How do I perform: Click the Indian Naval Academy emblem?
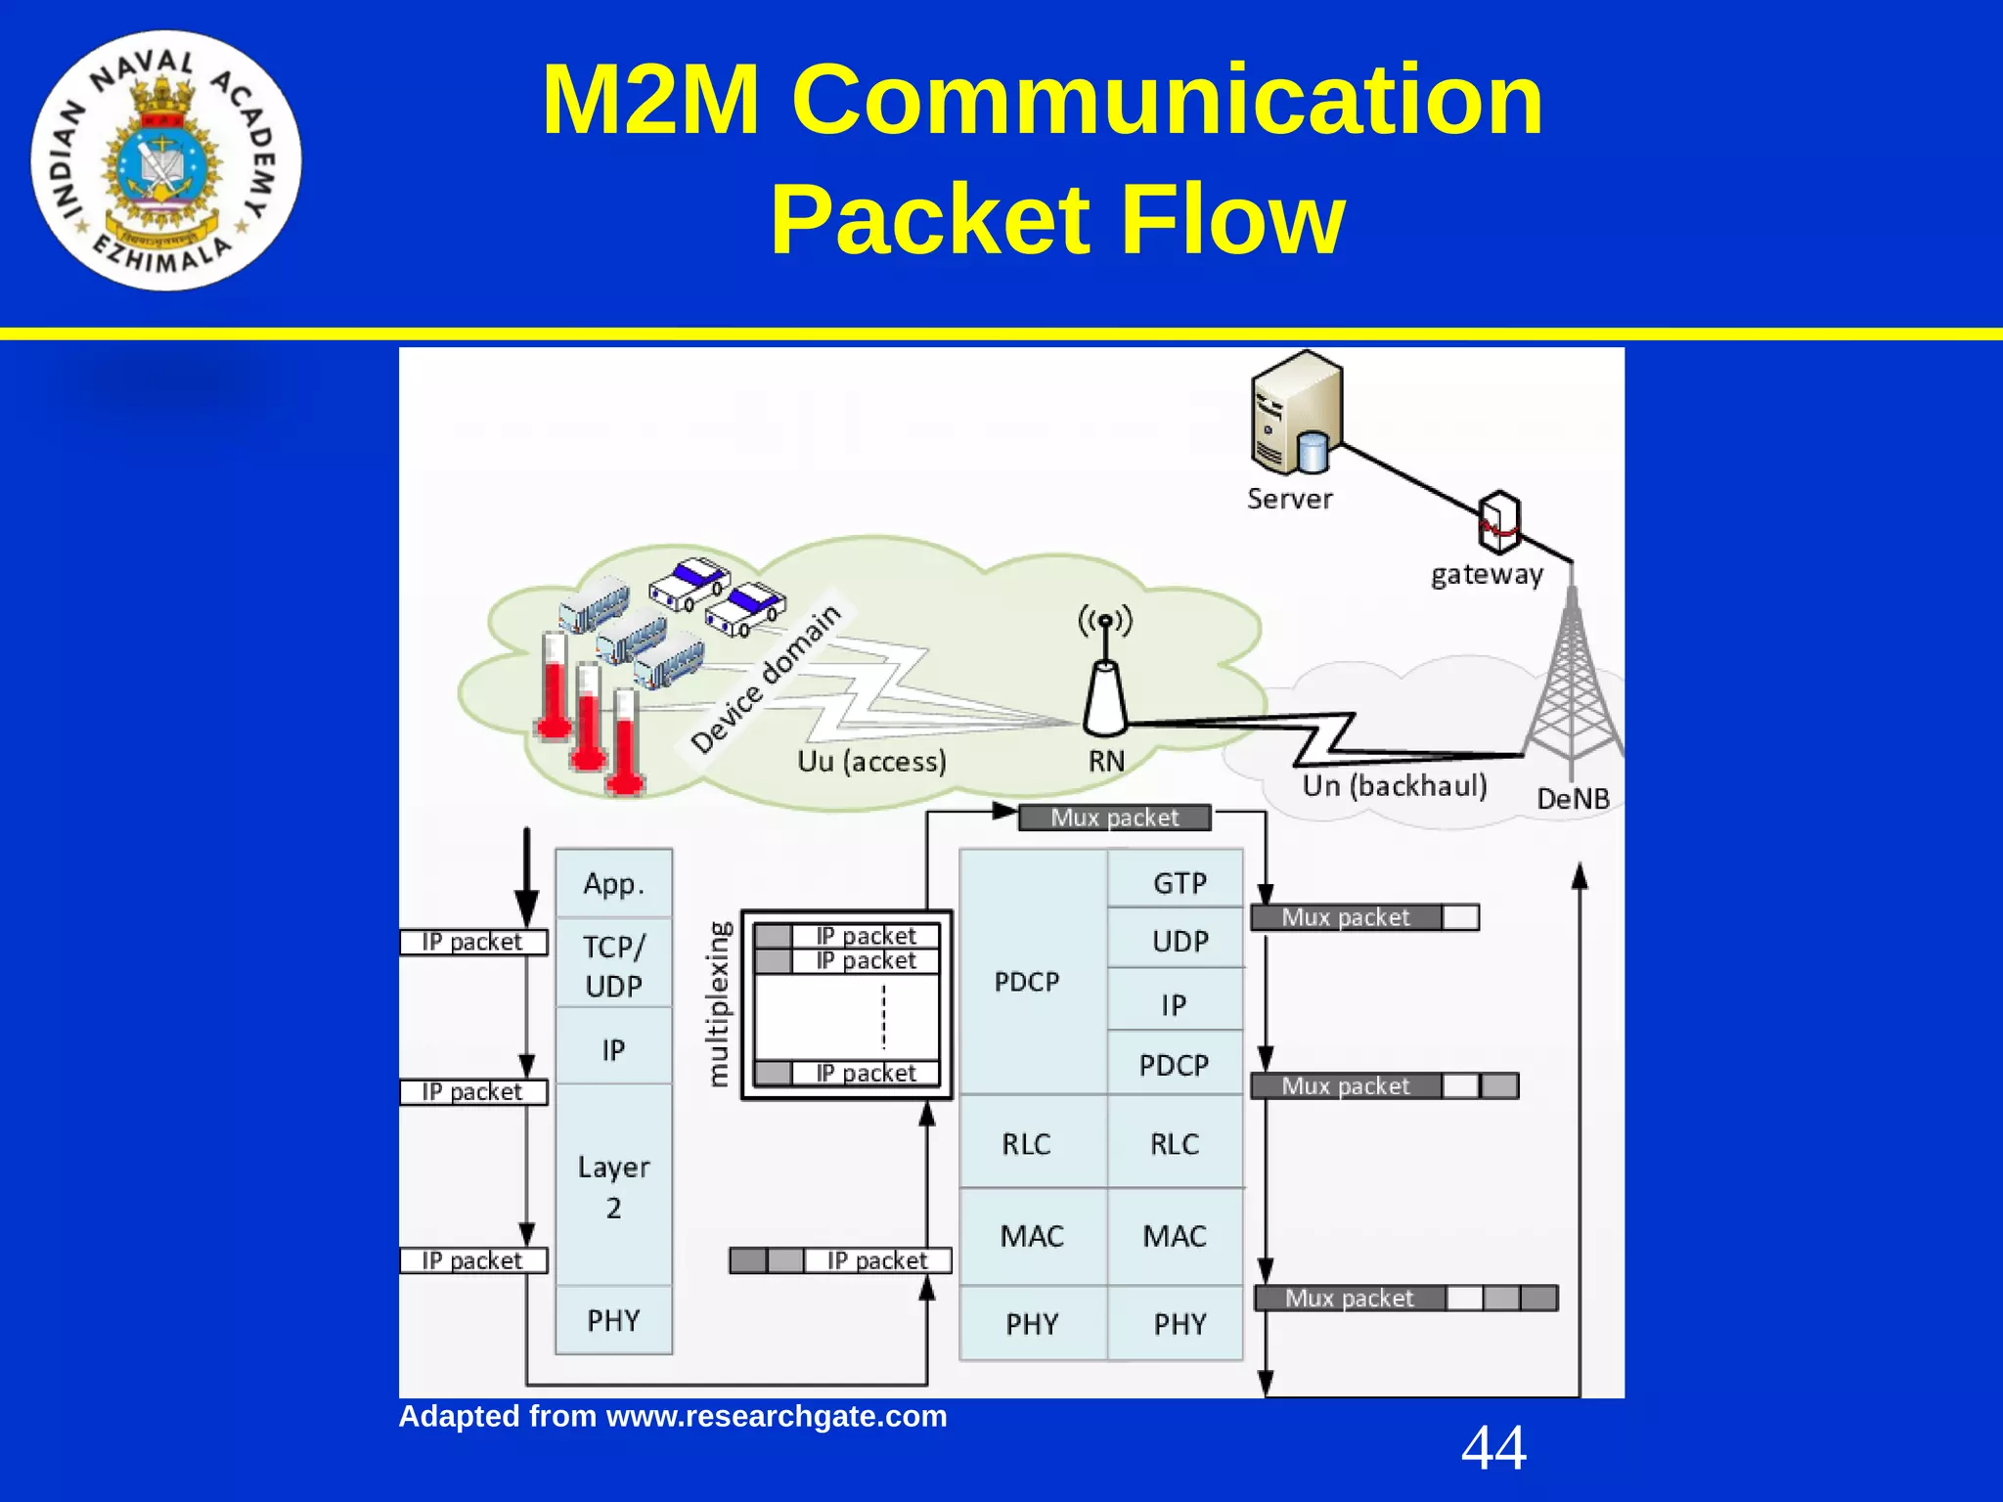pyautogui.click(x=166, y=160)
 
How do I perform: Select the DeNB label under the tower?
pyautogui.click(x=1573, y=799)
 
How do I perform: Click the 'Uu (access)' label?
pyautogui.click(x=871, y=762)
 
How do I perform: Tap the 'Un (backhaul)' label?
pyautogui.click(x=1394, y=786)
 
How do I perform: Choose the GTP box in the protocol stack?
pyautogui.click(x=1179, y=883)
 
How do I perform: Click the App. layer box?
pyautogui.click(x=613, y=884)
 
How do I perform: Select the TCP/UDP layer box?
pyautogui.click(x=613, y=965)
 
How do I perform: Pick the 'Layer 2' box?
pyautogui.click(x=613, y=1185)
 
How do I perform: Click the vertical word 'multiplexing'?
pyautogui.click(x=719, y=1003)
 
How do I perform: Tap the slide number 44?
pyautogui.click(x=1493, y=1448)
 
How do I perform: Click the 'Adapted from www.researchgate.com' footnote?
pyautogui.click(x=673, y=1416)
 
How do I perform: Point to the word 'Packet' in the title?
pyautogui.click(x=929, y=220)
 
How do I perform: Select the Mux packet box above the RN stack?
pyautogui.click(x=1114, y=817)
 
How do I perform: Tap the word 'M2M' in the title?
pyautogui.click(x=650, y=100)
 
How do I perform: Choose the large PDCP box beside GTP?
pyautogui.click(x=1028, y=981)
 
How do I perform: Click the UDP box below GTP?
pyautogui.click(x=1179, y=941)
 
